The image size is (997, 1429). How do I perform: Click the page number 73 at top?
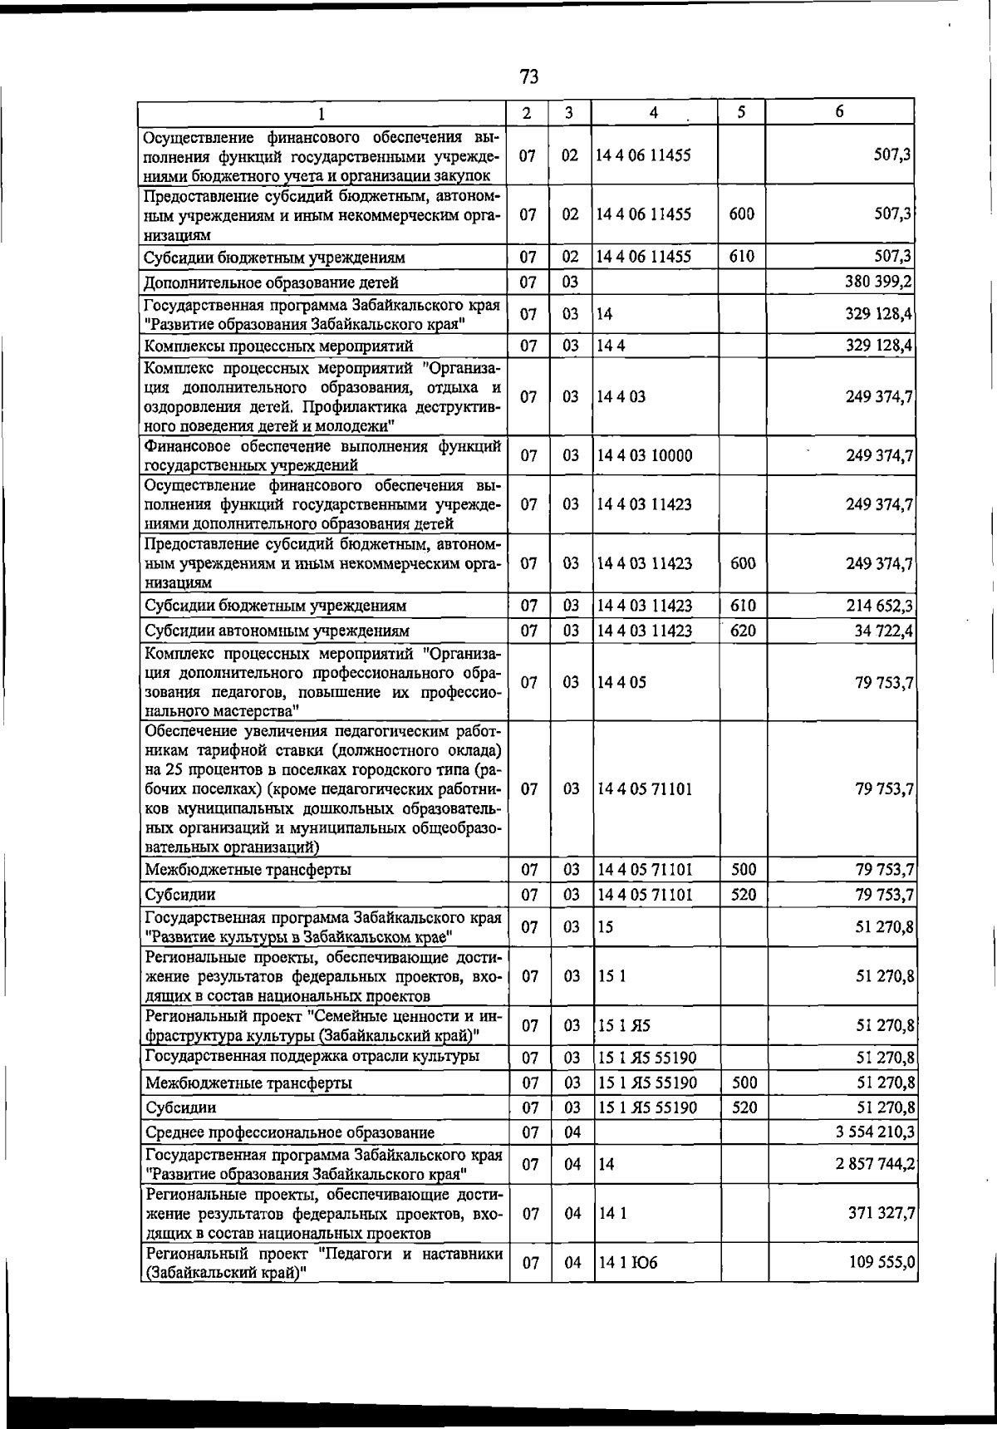[528, 77]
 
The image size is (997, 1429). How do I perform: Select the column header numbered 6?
[840, 112]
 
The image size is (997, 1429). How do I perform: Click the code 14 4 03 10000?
[645, 455]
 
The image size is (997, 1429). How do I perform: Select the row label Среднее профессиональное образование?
[290, 1132]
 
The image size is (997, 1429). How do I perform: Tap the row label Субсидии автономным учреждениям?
[277, 631]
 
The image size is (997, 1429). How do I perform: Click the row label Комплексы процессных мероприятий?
[278, 346]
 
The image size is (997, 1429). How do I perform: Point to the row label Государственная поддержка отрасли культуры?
[312, 1057]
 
